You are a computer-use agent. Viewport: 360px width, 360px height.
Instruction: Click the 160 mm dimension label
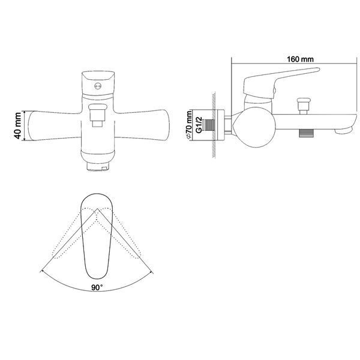pyautogui.click(x=300, y=59)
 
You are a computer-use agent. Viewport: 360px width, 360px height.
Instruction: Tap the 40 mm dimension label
pyautogui.click(x=18, y=125)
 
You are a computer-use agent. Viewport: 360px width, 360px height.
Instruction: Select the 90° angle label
pyautogui.click(x=97, y=287)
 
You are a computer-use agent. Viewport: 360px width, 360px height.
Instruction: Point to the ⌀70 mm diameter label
pyautogui.click(x=189, y=125)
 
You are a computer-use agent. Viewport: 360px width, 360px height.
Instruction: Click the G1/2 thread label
pyautogui.click(x=199, y=125)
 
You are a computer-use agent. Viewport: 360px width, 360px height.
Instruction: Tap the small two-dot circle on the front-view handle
pyautogui.click(x=98, y=86)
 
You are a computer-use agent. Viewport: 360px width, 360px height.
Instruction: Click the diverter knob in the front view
pyautogui.click(x=98, y=115)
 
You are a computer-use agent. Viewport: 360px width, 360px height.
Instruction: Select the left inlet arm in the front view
pyautogui.click(x=55, y=125)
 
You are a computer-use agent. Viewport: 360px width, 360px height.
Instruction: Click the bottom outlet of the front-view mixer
pyautogui.click(x=98, y=166)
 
